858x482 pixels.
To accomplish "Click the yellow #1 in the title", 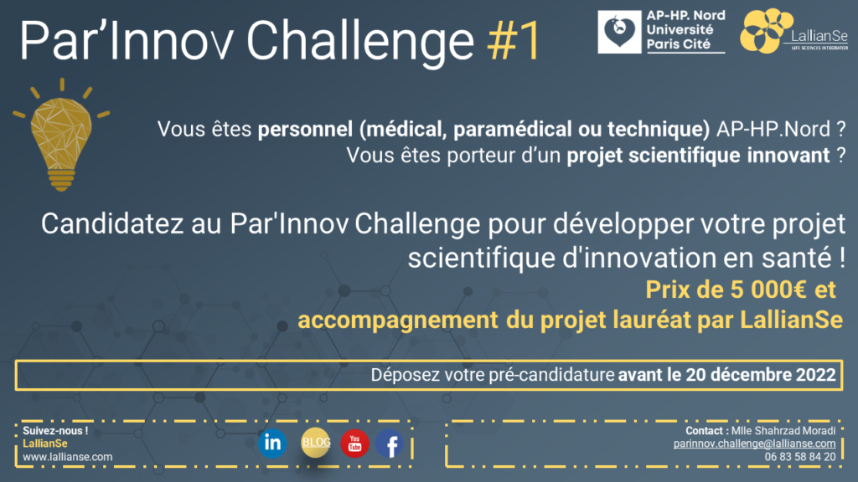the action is [x=514, y=40].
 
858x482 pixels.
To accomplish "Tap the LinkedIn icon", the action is [x=272, y=443].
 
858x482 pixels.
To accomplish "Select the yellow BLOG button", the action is [x=316, y=443].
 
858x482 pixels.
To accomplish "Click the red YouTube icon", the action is [x=354, y=444].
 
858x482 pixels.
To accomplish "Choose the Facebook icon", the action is [x=390, y=444].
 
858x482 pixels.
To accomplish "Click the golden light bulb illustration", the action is [x=61, y=135].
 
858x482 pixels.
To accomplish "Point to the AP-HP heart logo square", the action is [x=619, y=32].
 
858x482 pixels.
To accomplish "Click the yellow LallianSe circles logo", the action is [x=766, y=31].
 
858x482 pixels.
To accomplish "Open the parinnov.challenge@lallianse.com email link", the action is [x=754, y=444].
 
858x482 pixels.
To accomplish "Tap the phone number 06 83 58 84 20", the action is [x=800, y=457].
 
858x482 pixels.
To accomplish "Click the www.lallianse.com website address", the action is [x=67, y=457].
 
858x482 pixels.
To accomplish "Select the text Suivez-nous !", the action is [x=55, y=431].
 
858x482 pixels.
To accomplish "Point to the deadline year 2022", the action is [x=816, y=375].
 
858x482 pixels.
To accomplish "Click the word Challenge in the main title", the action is [x=360, y=42].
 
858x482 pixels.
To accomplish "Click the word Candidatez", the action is [x=112, y=224].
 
